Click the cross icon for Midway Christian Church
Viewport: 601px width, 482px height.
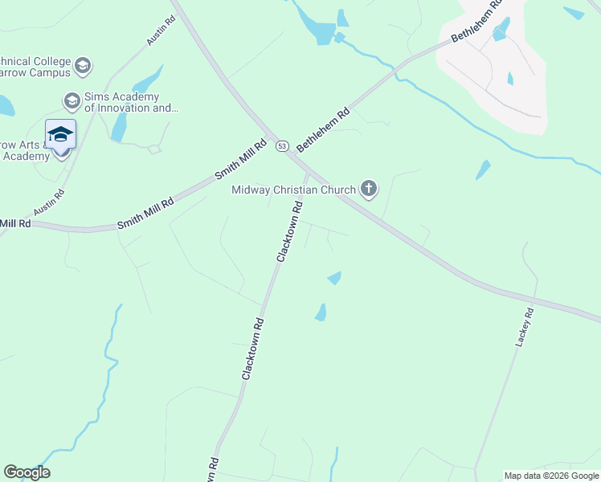pyautogui.click(x=369, y=189)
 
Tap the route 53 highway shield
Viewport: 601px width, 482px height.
pyautogui.click(x=281, y=146)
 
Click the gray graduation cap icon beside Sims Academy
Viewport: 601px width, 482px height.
pyautogui.click(x=71, y=100)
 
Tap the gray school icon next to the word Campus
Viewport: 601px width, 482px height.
pyautogui.click(x=84, y=64)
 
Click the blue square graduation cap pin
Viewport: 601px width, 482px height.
pyautogui.click(x=60, y=134)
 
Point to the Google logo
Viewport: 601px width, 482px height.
pyautogui.click(x=27, y=472)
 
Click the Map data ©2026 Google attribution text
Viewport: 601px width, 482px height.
pyautogui.click(x=552, y=476)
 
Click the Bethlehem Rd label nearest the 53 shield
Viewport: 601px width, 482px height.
pyautogui.click(x=325, y=129)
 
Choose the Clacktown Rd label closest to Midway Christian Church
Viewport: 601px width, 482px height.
pyautogui.click(x=291, y=231)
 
